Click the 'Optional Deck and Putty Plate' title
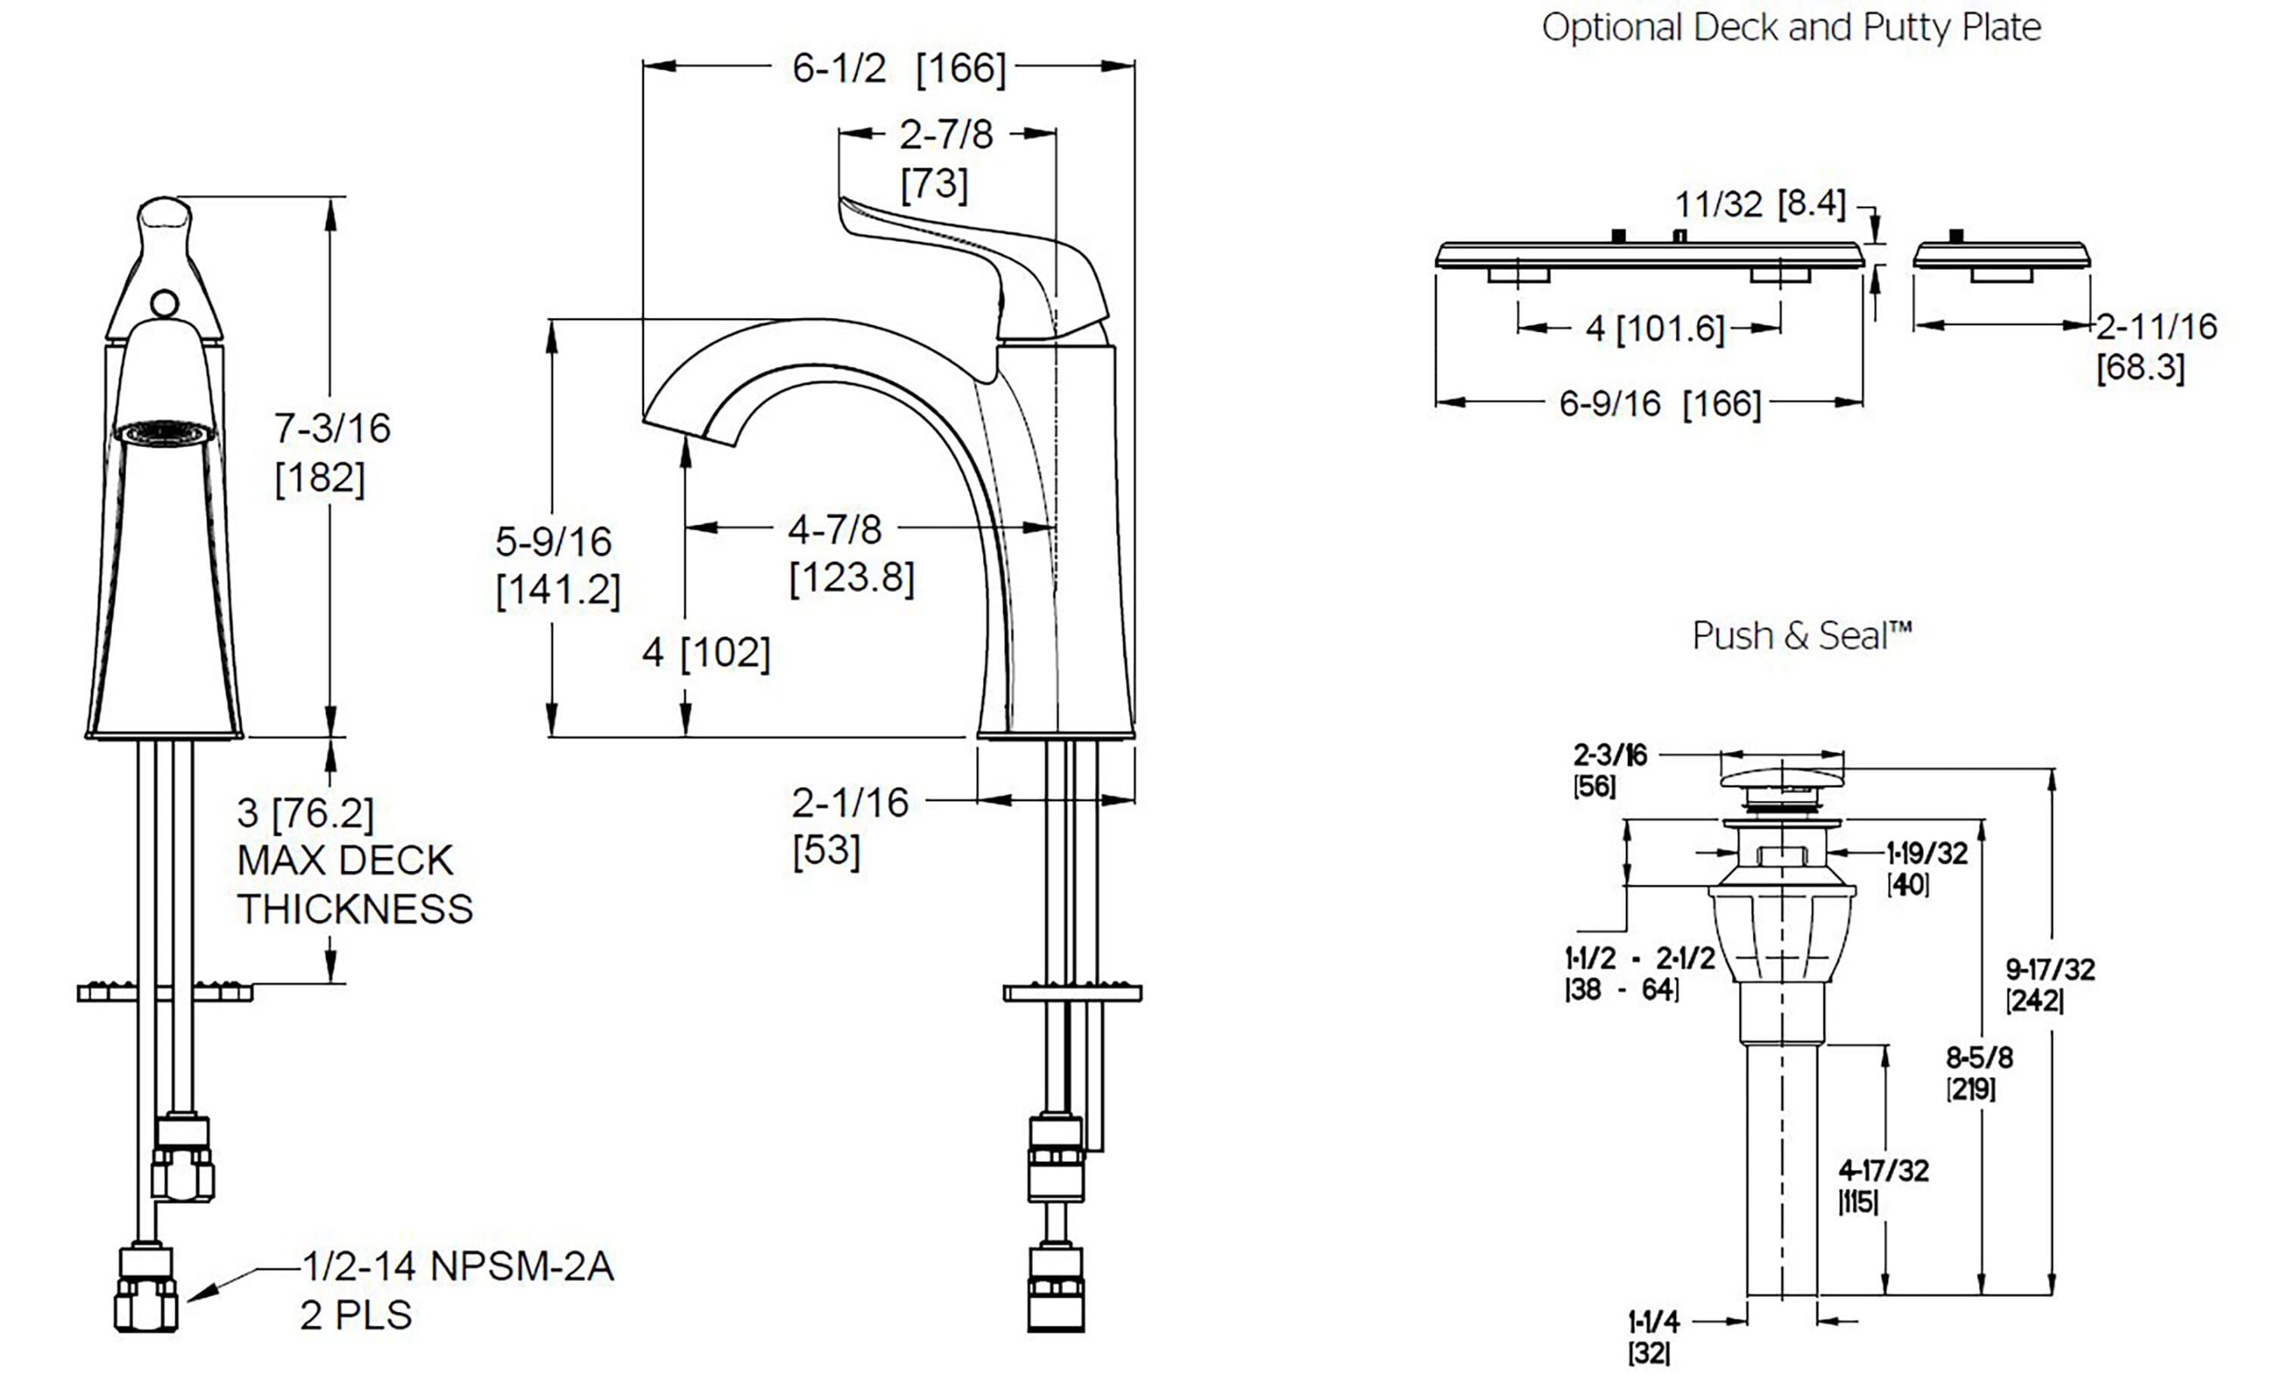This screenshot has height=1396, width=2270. [x=1791, y=28]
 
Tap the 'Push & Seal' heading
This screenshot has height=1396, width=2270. [x=1801, y=636]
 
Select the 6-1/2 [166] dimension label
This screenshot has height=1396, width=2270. [x=897, y=68]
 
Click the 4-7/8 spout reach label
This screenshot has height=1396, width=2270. [x=834, y=530]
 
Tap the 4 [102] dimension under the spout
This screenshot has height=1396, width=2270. [x=705, y=653]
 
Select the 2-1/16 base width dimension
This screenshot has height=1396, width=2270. [x=850, y=803]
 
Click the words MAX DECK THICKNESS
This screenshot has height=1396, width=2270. [x=355, y=885]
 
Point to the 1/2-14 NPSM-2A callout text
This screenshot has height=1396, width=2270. [x=458, y=1267]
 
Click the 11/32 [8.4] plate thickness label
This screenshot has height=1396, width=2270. [x=1760, y=204]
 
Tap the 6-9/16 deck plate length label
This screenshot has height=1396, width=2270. [x=1659, y=404]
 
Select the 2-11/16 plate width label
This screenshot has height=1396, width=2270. [x=2156, y=327]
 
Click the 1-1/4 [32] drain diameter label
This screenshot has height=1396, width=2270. [x=1653, y=1321]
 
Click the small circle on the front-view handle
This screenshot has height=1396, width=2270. [x=165, y=302]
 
